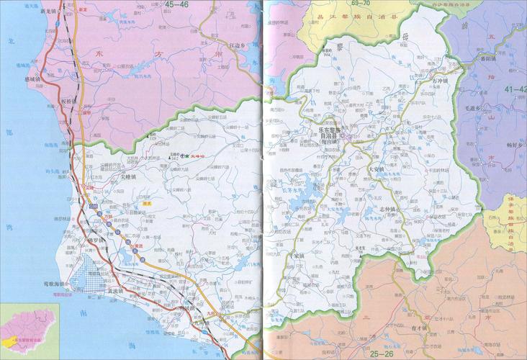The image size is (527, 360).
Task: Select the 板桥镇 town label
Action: [70, 101]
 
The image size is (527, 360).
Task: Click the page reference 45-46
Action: [178, 4]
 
